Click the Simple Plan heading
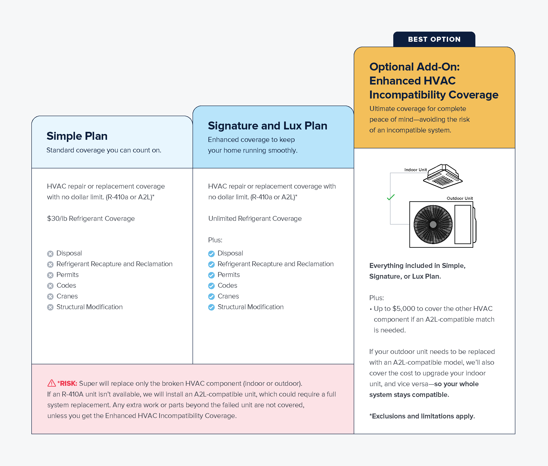pos(77,136)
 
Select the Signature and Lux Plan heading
pos(267,126)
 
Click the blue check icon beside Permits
pos(211,275)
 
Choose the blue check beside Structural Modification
pos(211,308)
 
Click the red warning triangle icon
pos(52,383)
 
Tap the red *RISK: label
pos(67,383)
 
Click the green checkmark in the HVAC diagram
pos(390,197)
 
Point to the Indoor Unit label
pos(415,170)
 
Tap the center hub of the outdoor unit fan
pos(433,225)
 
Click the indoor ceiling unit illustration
pos(443,177)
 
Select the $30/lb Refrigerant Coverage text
pos(91,218)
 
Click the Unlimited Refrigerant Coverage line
pos(255,218)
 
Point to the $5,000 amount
pos(404,309)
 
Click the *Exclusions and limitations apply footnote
pos(422,416)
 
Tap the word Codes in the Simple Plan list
pos(66,286)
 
